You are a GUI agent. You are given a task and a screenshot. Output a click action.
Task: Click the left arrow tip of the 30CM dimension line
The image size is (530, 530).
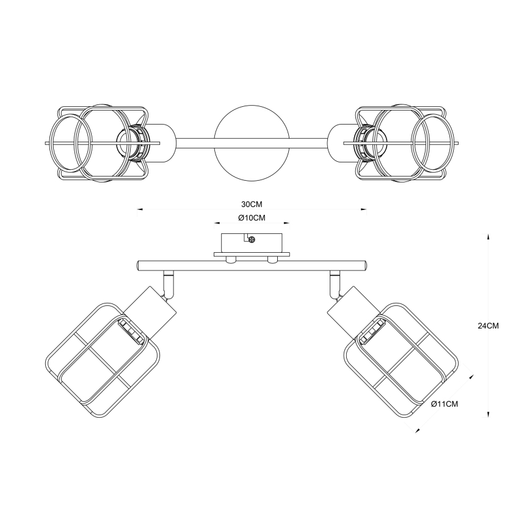coord(137,209)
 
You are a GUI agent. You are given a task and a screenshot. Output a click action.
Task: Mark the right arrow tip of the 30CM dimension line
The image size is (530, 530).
coord(367,209)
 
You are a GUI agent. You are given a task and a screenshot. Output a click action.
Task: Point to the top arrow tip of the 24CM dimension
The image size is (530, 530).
coord(488,234)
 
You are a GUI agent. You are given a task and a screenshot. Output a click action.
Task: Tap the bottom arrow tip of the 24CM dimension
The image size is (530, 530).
coord(488,418)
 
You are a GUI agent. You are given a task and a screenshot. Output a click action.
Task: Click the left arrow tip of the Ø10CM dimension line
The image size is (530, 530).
coord(214,223)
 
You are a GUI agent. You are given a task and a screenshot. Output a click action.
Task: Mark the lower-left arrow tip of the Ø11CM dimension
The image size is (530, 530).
coord(415,432)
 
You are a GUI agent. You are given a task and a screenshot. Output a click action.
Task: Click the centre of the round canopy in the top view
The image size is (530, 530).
coord(252,143)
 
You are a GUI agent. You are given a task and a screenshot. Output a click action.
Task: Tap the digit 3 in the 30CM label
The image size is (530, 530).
coord(244,205)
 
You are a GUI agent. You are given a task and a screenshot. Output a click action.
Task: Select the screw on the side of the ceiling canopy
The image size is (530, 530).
coord(252,239)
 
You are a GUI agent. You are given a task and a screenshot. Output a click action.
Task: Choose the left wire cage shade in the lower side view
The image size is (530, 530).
coord(103,360)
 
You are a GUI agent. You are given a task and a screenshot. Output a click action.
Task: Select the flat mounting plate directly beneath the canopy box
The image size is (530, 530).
coord(252,254)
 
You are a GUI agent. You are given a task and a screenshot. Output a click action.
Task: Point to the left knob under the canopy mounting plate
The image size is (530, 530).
coord(231,260)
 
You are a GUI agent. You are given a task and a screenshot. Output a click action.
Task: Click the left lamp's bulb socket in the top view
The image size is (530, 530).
coord(132,143)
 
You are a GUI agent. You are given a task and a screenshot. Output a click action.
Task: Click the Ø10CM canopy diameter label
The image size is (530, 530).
coord(252,218)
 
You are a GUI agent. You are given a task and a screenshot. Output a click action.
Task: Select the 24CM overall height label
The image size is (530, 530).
coord(488,326)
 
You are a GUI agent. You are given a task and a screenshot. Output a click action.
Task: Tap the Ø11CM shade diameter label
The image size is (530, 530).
coord(445,404)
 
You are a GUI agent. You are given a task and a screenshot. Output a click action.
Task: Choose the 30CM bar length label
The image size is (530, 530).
coord(252,205)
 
